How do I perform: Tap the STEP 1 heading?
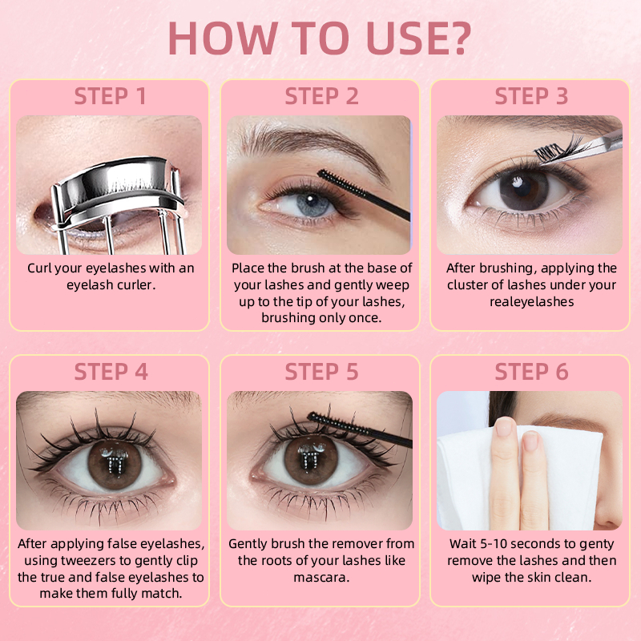(110, 96)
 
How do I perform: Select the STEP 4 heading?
(111, 372)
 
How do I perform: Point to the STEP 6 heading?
(531, 372)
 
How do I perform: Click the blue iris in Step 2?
(312, 203)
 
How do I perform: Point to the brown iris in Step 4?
(115, 465)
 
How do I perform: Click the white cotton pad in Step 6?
(519, 478)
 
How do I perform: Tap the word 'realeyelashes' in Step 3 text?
(531, 302)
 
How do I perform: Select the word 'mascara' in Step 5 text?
(321, 578)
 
